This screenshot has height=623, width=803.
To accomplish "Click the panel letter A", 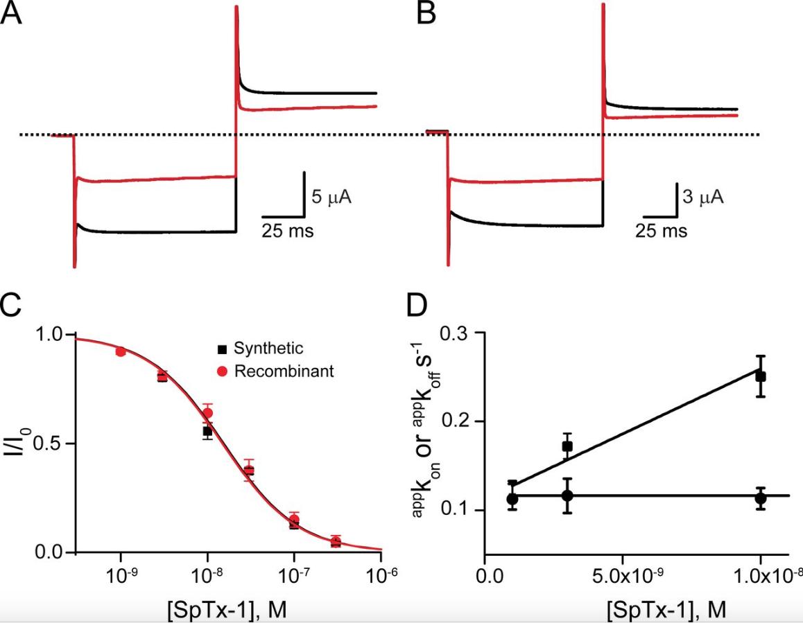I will (11, 14).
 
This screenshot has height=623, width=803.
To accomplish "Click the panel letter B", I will (426, 14).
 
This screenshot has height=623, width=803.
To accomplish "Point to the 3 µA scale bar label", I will (702, 198).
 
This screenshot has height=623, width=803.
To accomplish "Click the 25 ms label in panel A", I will (287, 230).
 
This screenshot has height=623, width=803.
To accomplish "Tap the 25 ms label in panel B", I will (662, 230).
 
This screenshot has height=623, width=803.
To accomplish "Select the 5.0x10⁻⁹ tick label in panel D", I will (622, 574).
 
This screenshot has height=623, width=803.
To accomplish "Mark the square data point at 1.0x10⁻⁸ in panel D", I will (760, 376).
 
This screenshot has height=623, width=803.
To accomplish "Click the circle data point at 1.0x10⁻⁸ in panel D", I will (760, 498).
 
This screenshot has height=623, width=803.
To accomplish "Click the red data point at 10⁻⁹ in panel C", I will (121, 352).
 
